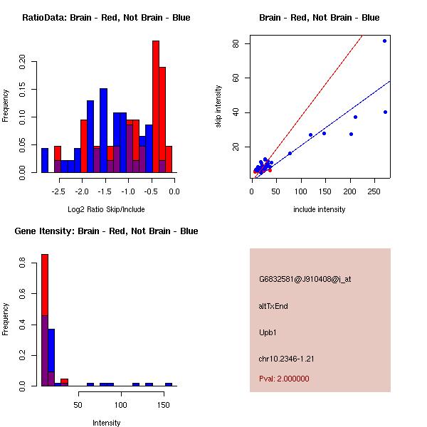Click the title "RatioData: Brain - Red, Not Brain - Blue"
coord(106,18)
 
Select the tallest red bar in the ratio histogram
coord(156,107)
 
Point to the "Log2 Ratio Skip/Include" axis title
coord(106,209)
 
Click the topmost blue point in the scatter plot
coord(385,41)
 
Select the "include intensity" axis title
coord(319,209)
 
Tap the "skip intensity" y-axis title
coord(218,107)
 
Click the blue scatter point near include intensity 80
coord(290,153)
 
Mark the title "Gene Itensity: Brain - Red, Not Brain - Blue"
coord(106,231)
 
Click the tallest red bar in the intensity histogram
coord(44,320)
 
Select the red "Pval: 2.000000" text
coord(284,379)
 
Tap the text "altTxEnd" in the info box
coord(273,306)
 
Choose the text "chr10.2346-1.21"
coord(286,358)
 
